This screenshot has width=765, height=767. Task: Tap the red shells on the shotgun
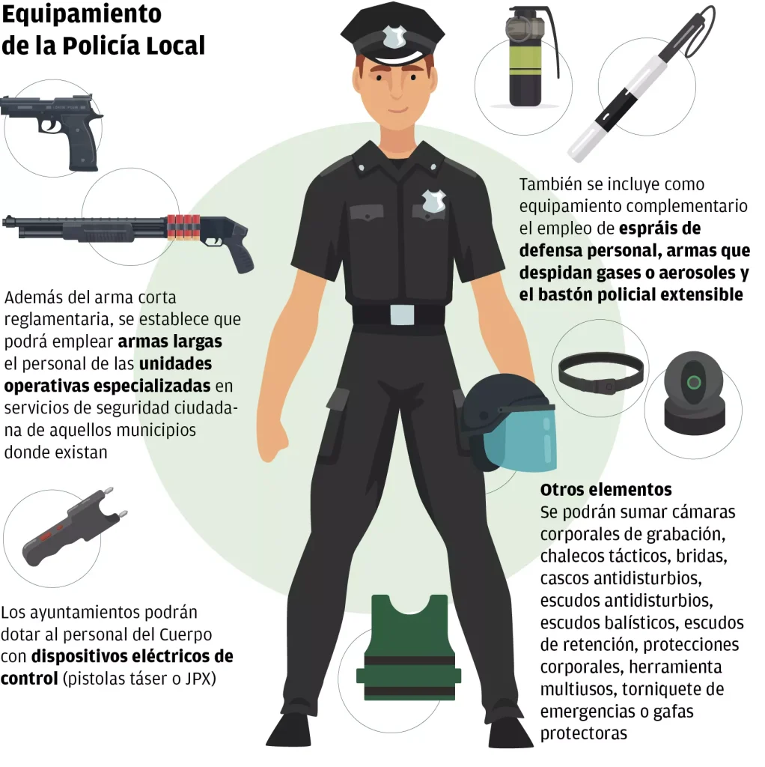[x=184, y=225]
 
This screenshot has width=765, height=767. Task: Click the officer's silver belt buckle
[x=401, y=315]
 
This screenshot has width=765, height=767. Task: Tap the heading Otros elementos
[x=606, y=490]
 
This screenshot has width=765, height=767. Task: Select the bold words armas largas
[x=171, y=342]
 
